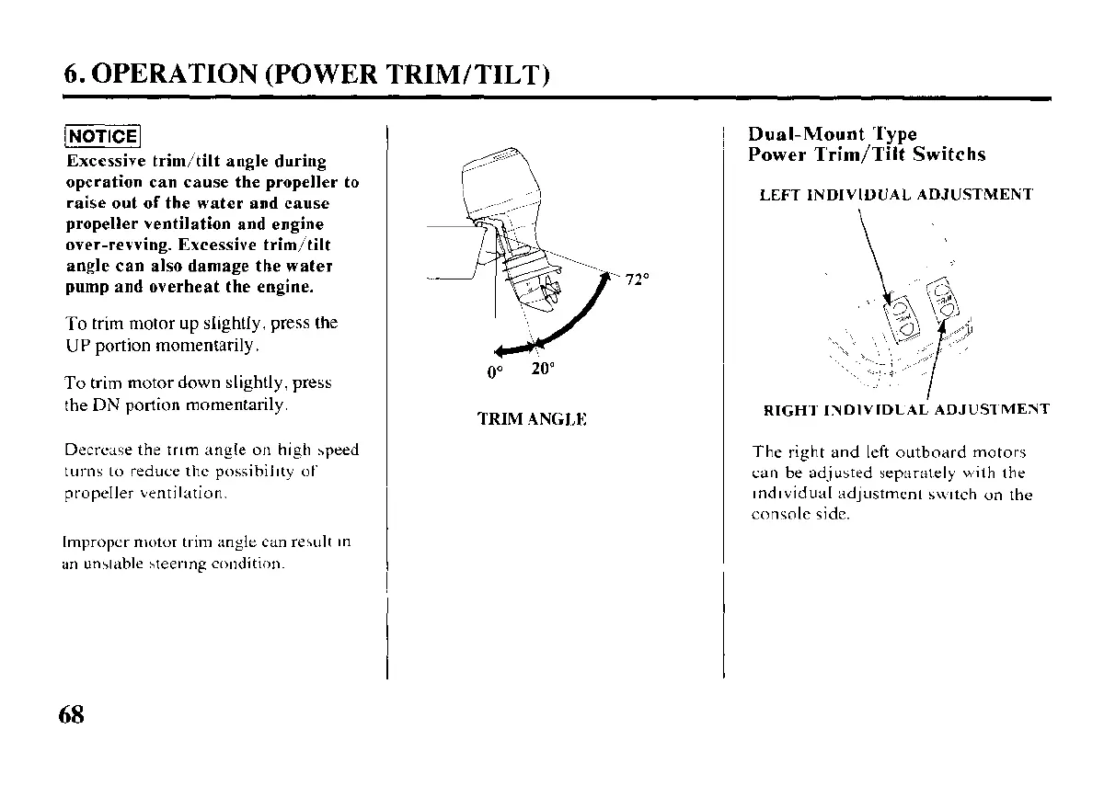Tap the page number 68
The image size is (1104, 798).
pos(71,714)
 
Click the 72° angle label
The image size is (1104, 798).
pos(638,280)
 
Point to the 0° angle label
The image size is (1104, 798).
pos(496,372)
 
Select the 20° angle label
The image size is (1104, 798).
pos(543,369)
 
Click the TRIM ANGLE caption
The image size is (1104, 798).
pos(532,419)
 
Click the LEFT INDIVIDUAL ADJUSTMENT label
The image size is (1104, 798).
pos(896,195)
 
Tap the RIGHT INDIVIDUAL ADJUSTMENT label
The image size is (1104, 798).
pos(906,410)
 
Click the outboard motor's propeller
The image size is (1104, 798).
pos(549,294)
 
